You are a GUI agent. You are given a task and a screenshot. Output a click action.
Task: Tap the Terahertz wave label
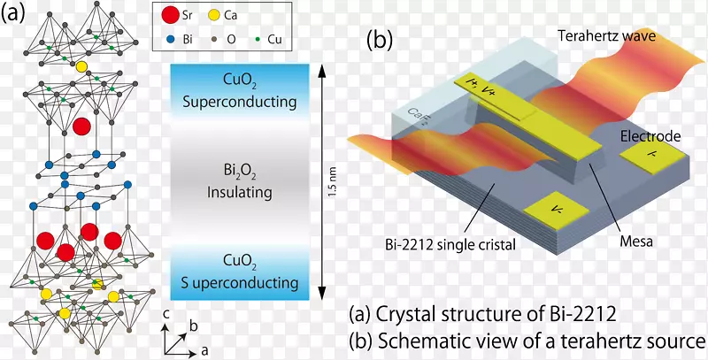604,34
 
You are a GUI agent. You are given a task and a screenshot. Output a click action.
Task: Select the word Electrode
650,136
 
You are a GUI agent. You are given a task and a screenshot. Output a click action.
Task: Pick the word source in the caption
677,339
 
